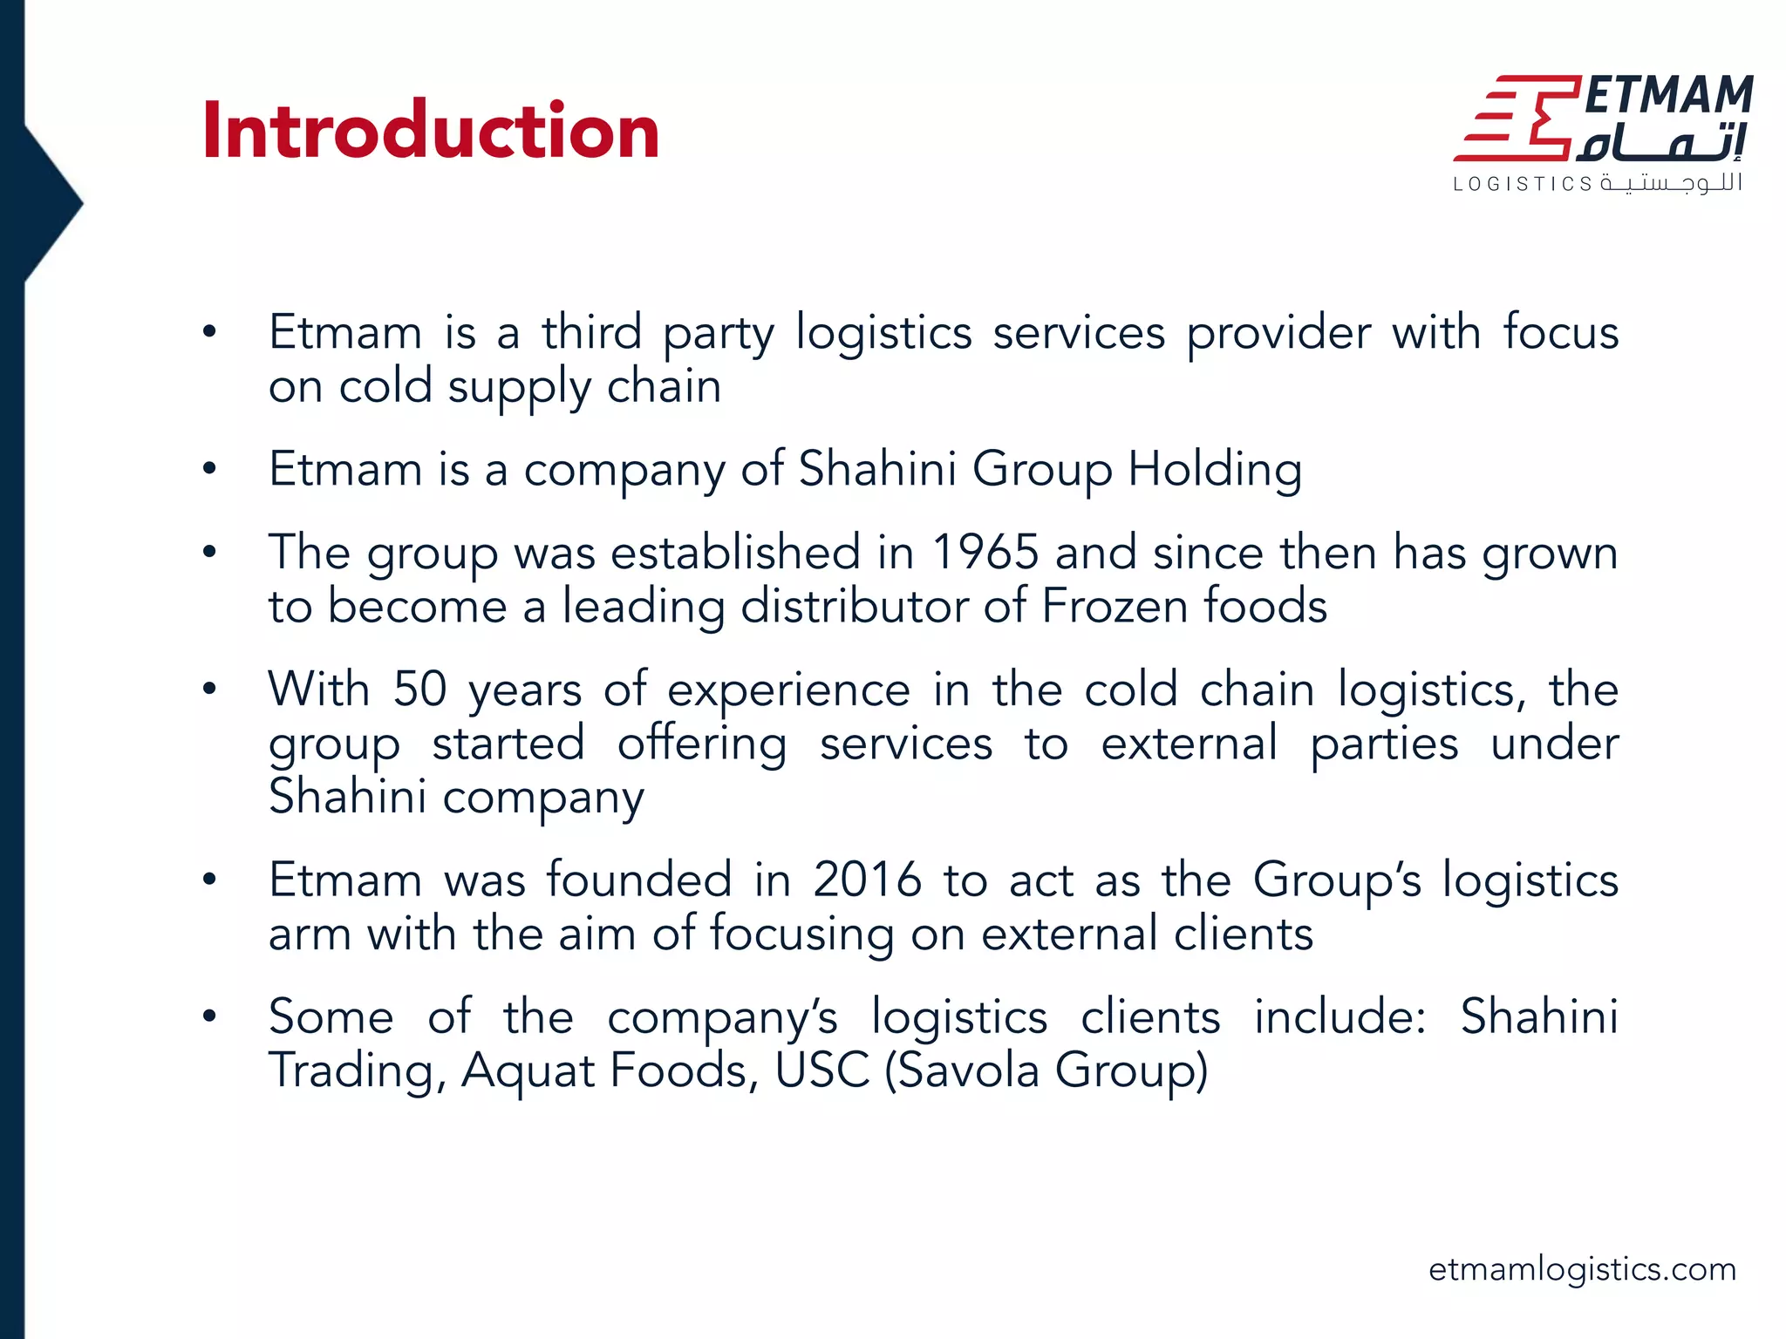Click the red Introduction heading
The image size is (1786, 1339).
tap(430, 131)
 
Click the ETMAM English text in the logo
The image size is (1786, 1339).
tap(1668, 95)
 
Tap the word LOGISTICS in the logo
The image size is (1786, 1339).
tap(1523, 184)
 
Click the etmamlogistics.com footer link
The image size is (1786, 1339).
tap(1582, 1269)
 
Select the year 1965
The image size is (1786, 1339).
tap(985, 553)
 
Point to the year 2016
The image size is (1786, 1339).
tap(867, 880)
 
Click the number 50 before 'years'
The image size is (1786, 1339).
tap(419, 690)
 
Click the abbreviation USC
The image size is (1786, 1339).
tap(821, 1071)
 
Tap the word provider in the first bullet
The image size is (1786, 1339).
tap(1278, 335)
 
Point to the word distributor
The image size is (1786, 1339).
tap(852, 606)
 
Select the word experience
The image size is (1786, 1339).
tap(788, 691)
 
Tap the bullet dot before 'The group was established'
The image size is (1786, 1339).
tap(209, 553)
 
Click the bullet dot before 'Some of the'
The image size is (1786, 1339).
tap(209, 1016)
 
